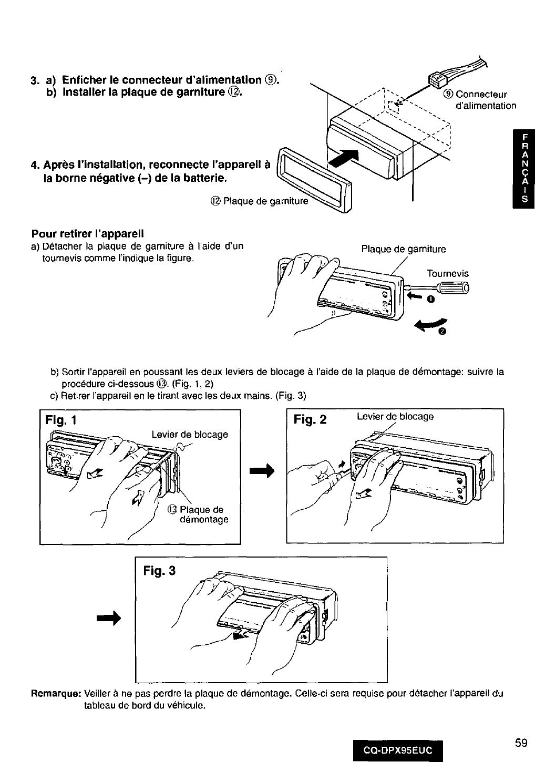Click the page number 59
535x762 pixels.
(x=521, y=728)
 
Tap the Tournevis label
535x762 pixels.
(x=447, y=274)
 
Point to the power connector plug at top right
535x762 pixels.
(x=437, y=80)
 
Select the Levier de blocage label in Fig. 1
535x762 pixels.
(x=190, y=435)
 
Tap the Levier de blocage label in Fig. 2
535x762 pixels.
(x=395, y=417)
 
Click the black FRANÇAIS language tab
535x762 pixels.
(x=523, y=169)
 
